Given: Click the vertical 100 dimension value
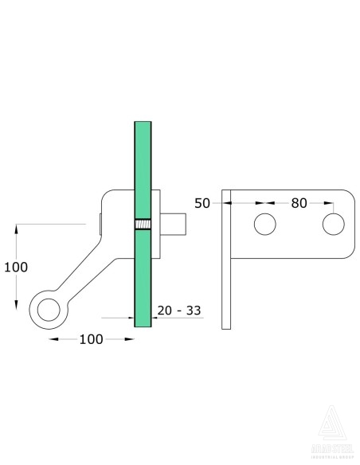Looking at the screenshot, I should pyautogui.click(x=17, y=268).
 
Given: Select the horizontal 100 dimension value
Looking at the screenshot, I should pyautogui.click(x=92, y=339).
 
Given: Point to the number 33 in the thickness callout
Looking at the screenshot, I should pyautogui.click(x=191, y=311).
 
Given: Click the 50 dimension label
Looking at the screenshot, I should pyautogui.click(x=202, y=203).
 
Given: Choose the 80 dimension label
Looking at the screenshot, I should pyautogui.click(x=299, y=203).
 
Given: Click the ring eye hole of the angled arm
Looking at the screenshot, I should pyautogui.click(x=49, y=306).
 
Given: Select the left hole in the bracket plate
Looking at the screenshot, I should pyautogui.click(x=264, y=225).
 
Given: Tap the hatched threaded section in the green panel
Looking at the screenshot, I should pyautogui.click(x=143, y=225).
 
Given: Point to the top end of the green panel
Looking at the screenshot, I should pyautogui.click(x=143, y=124).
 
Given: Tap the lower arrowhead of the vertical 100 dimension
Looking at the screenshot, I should pyautogui.click(x=17, y=307).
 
